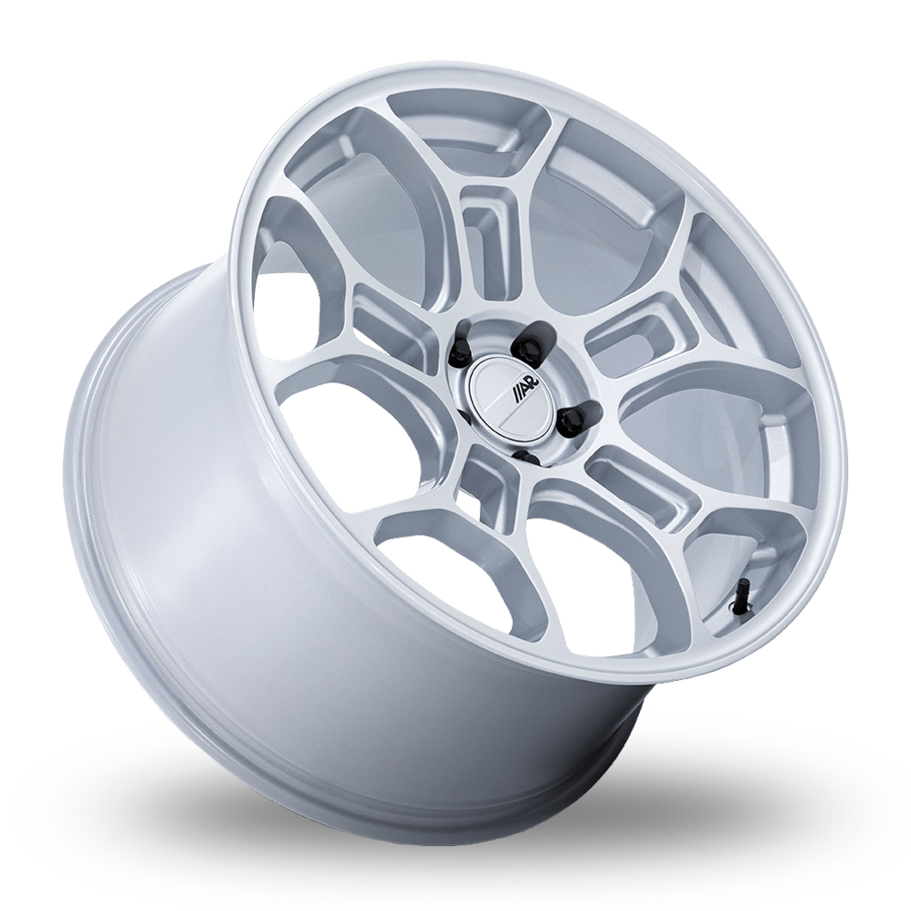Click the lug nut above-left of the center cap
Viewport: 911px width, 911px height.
click(x=459, y=349)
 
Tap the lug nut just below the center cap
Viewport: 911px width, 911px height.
click(x=526, y=457)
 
